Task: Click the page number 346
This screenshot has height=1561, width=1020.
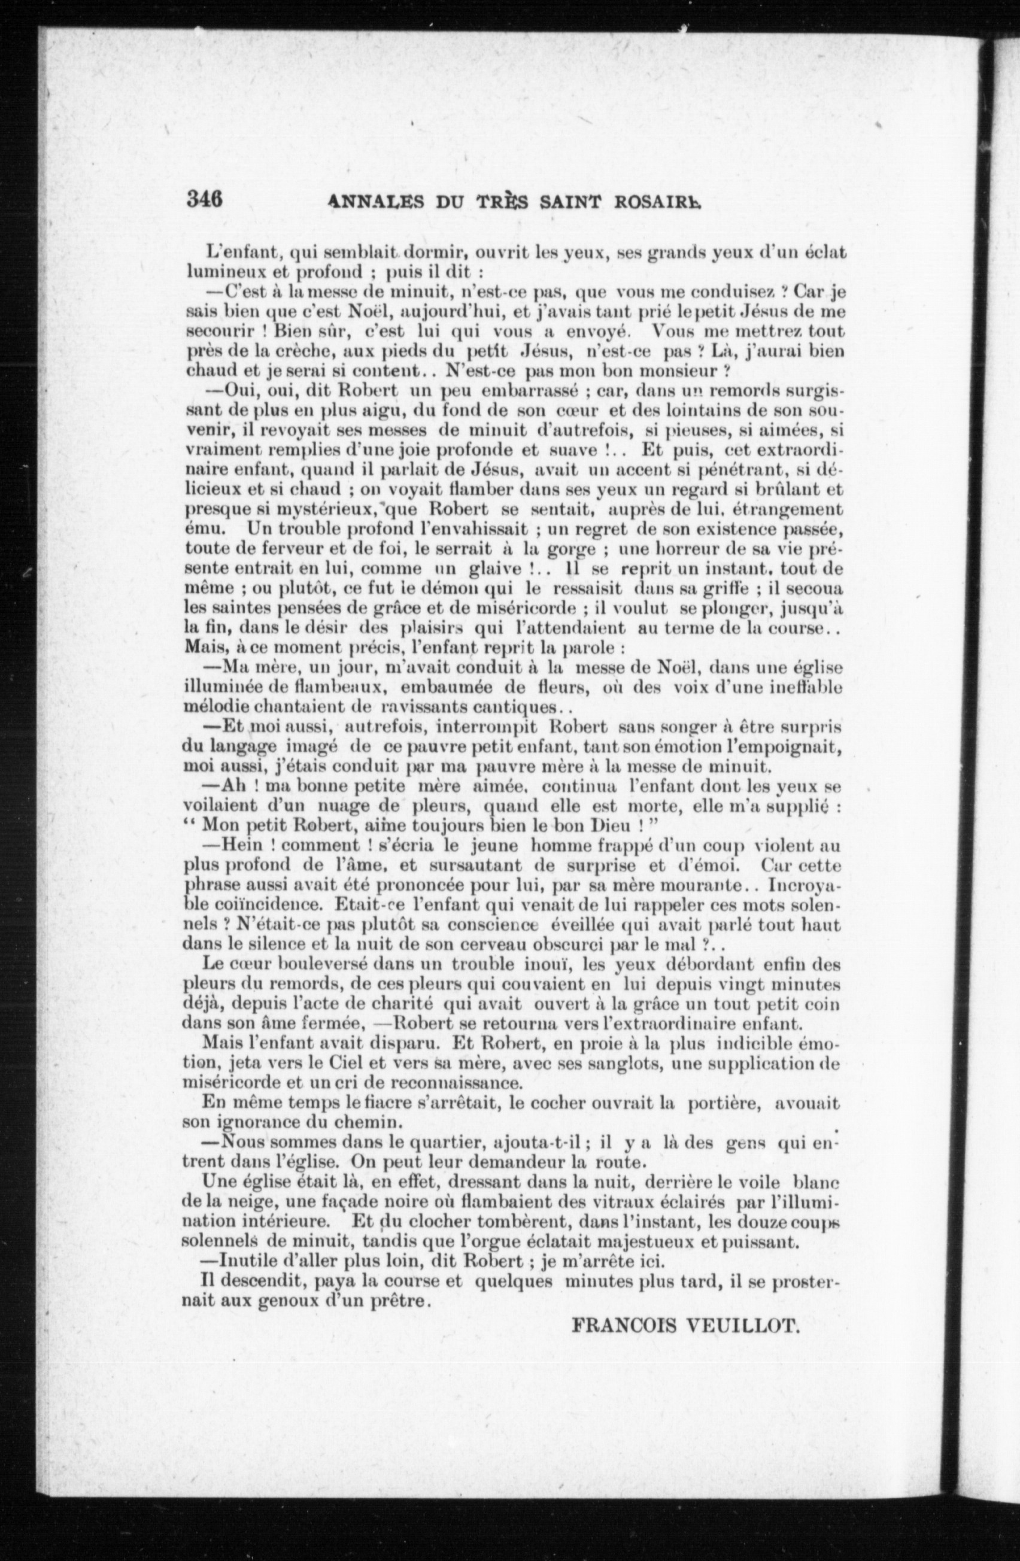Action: point(205,199)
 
